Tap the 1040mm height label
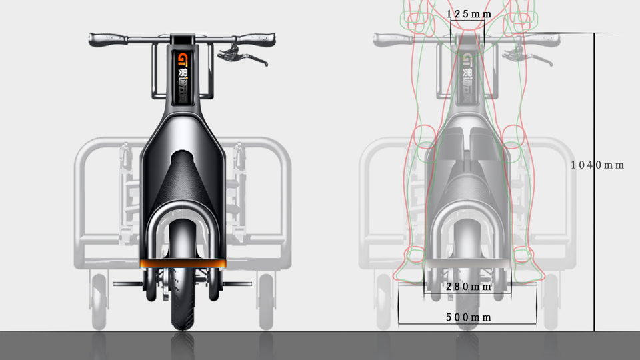click(597, 165)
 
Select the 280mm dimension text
click(468, 287)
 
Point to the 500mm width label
click(468, 317)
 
